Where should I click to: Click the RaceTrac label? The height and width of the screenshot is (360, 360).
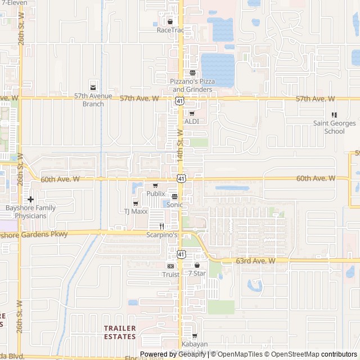coord(170,30)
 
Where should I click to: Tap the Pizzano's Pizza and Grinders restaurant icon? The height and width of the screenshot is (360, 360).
coord(192,73)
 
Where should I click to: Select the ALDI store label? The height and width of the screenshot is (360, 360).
coord(192,121)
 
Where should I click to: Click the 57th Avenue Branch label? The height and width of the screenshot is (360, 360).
coord(93,100)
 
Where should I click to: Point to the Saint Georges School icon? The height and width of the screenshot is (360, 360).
coord(334,115)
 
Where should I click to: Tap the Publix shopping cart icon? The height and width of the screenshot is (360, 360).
coord(156,186)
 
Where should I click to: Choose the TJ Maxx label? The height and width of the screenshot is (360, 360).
coord(136,211)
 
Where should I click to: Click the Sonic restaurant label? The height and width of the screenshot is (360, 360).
coord(174,205)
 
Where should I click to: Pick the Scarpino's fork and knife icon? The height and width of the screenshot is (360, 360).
coord(161,226)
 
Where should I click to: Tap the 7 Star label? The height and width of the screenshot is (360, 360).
coord(197,273)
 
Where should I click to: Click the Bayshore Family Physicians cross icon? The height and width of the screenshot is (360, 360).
coord(30,199)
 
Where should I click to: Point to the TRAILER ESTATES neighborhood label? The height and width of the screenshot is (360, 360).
coord(120,332)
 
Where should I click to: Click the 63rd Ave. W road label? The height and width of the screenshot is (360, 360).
coord(255,261)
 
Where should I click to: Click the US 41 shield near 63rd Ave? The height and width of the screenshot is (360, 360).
coord(181,254)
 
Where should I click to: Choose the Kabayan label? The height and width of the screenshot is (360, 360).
coord(195,344)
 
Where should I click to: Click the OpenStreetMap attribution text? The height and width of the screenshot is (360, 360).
coord(293,354)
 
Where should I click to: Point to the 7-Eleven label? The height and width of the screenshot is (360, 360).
coord(13,2)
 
